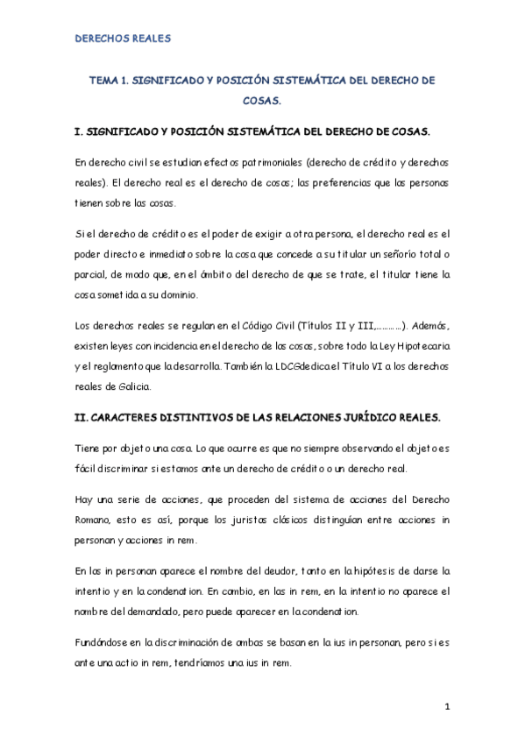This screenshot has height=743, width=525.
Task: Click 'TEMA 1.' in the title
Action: (x=110, y=80)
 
